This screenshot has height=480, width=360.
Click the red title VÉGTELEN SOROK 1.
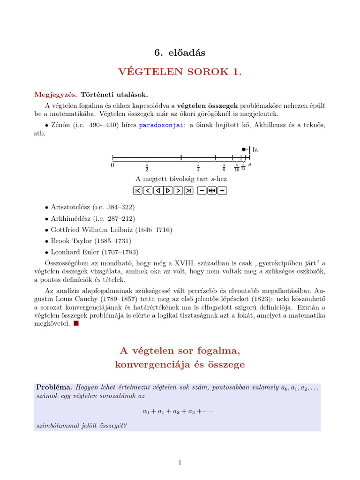(180, 72)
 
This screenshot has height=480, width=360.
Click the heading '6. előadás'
(180, 52)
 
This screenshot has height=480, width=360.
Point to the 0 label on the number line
(112, 165)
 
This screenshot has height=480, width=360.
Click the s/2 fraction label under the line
(147, 167)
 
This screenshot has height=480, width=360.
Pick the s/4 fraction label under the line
(198, 167)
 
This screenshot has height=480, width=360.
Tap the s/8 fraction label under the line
(224, 167)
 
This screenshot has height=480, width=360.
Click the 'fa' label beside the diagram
(255, 150)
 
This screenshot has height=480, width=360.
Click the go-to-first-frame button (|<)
(137, 190)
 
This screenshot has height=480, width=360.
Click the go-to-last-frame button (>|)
(188, 190)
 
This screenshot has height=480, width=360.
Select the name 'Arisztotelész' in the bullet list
(72, 207)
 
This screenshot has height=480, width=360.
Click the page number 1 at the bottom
(180, 463)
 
